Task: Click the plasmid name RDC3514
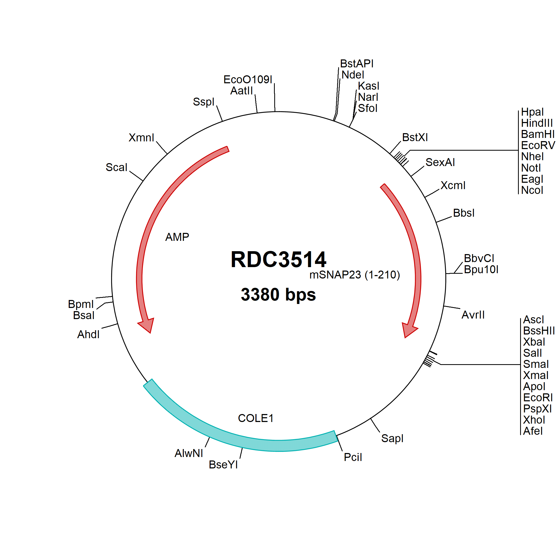(x=278, y=259)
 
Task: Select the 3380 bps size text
(x=278, y=294)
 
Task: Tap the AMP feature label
(x=177, y=237)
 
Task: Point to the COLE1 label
(x=256, y=418)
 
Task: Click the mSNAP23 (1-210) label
(x=355, y=275)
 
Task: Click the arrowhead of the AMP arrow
(x=146, y=325)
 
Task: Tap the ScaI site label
(x=116, y=167)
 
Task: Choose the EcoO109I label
(x=248, y=79)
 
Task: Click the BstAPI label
(x=357, y=63)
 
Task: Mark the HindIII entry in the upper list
(x=537, y=123)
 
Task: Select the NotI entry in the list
(x=531, y=168)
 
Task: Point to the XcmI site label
(x=453, y=185)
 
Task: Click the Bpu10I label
(x=481, y=269)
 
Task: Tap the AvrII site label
(x=473, y=315)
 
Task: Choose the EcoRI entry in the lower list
(x=538, y=398)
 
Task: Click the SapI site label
(x=392, y=438)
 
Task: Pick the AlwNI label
(x=189, y=453)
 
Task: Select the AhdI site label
(x=88, y=334)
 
